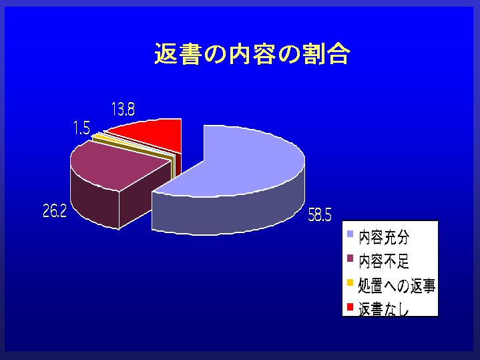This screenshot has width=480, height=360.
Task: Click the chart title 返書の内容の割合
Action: (252, 53)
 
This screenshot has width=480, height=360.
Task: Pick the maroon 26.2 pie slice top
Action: (116, 166)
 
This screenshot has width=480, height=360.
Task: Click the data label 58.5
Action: (319, 216)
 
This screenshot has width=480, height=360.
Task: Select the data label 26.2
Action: (55, 211)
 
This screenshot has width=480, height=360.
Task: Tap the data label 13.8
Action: (123, 109)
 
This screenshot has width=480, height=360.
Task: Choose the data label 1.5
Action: (81, 128)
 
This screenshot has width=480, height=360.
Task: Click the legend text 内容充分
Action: (384, 238)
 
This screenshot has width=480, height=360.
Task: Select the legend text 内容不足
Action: (384, 261)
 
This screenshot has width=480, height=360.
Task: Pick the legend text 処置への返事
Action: (397, 286)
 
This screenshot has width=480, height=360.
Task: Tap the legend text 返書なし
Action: (384, 309)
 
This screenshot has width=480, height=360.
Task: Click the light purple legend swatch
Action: (350, 234)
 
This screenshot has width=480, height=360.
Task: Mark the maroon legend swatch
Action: (350, 258)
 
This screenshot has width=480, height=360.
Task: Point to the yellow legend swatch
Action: (350, 282)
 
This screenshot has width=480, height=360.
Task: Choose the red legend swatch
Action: (350, 307)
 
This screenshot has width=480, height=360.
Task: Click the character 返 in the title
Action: (166, 53)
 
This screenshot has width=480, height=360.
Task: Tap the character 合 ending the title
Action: (338, 53)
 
